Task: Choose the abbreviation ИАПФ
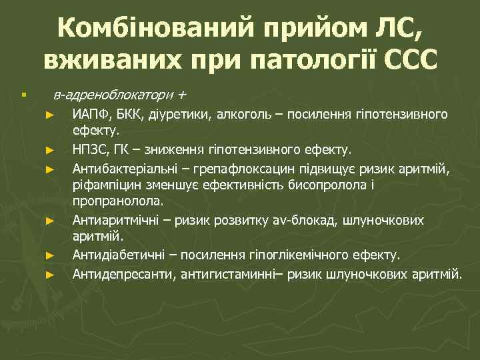click(92, 115)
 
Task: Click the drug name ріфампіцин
click(103, 185)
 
